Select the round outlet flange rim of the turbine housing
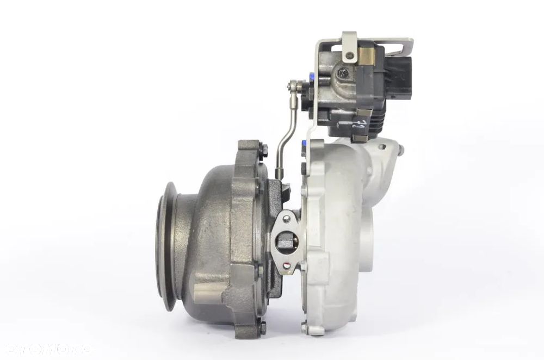click(x=169, y=245)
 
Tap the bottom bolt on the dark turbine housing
click(x=263, y=327)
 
